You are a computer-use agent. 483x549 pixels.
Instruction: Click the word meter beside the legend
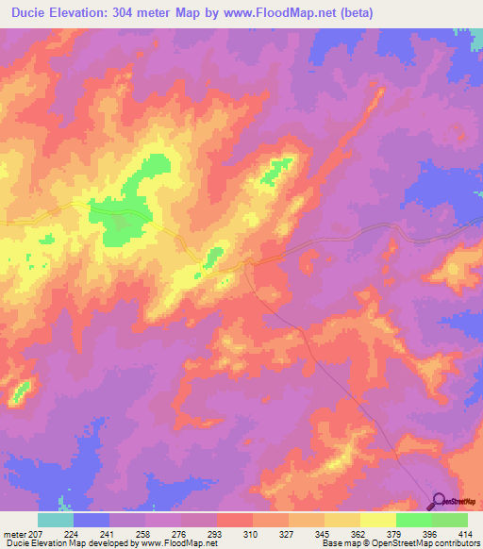point(14,534)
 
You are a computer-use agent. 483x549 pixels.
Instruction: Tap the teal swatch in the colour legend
point(56,520)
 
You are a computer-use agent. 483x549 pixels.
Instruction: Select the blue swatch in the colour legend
point(92,520)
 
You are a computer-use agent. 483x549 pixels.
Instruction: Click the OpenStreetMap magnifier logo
point(440,502)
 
